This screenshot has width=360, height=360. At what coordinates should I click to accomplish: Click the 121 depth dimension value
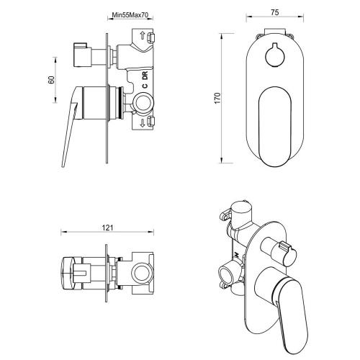point(108,228)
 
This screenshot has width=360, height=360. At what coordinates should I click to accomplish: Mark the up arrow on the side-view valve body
point(144,36)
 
